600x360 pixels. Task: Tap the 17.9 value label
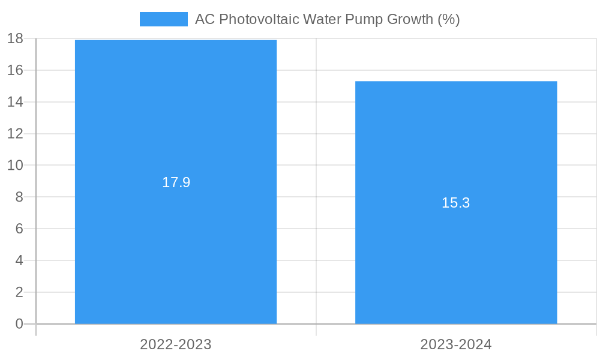(176, 182)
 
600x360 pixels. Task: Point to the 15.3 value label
(456, 203)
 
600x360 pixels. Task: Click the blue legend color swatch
(163, 19)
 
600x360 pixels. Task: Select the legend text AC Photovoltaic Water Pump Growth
(327, 19)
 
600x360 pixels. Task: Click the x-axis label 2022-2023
(176, 344)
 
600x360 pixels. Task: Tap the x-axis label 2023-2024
(456, 344)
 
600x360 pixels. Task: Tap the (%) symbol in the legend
(448, 19)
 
